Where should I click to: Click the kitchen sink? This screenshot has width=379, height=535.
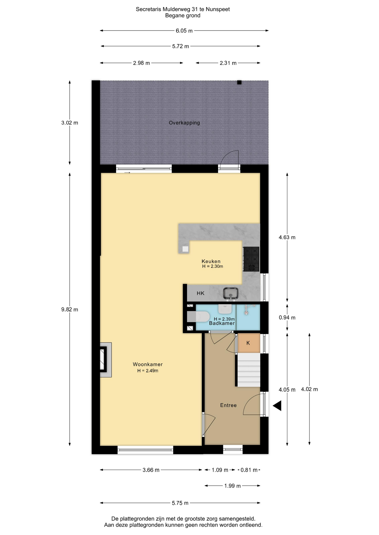point(231,294)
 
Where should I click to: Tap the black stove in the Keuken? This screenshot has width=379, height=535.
point(251,259)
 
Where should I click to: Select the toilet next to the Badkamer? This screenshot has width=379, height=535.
point(198,317)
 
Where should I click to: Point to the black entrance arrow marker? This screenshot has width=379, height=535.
point(277,406)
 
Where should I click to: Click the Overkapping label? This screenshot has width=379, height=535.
point(184,123)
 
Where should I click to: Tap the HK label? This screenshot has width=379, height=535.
point(200,293)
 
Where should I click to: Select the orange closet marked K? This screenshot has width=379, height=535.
point(249,343)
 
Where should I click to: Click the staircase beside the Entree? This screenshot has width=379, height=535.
point(249,370)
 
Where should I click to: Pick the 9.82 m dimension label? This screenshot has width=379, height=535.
point(70,310)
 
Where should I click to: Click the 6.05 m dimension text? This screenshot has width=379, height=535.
point(184,31)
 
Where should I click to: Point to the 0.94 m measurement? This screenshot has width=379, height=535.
point(287,318)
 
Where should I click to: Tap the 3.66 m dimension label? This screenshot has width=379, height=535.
point(151,470)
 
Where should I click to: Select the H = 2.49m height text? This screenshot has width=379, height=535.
point(148,371)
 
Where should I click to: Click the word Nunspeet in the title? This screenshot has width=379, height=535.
point(218,9)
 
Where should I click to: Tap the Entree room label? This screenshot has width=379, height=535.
point(228,405)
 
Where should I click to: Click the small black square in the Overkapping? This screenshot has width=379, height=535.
point(239,82)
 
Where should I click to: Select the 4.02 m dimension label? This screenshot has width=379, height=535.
point(310,389)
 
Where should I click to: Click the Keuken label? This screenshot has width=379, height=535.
point(211,261)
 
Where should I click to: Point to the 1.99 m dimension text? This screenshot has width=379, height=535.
point(232,486)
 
